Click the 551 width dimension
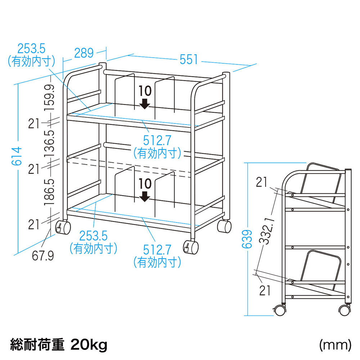(189, 59)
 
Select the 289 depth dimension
(84, 53)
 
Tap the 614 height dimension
(17, 156)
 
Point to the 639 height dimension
(247, 239)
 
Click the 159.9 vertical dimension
(49, 97)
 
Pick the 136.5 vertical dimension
(49, 144)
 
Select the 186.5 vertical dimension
(49, 192)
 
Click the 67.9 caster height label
(43, 256)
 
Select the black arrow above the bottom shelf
(145, 197)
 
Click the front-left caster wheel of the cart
(63, 227)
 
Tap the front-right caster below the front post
(191, 247)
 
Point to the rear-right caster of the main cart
(224, 226)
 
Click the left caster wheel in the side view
(280, 310)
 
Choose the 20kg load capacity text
(89, 345)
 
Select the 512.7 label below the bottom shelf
(157, 250)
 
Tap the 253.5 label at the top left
(31, 49)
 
